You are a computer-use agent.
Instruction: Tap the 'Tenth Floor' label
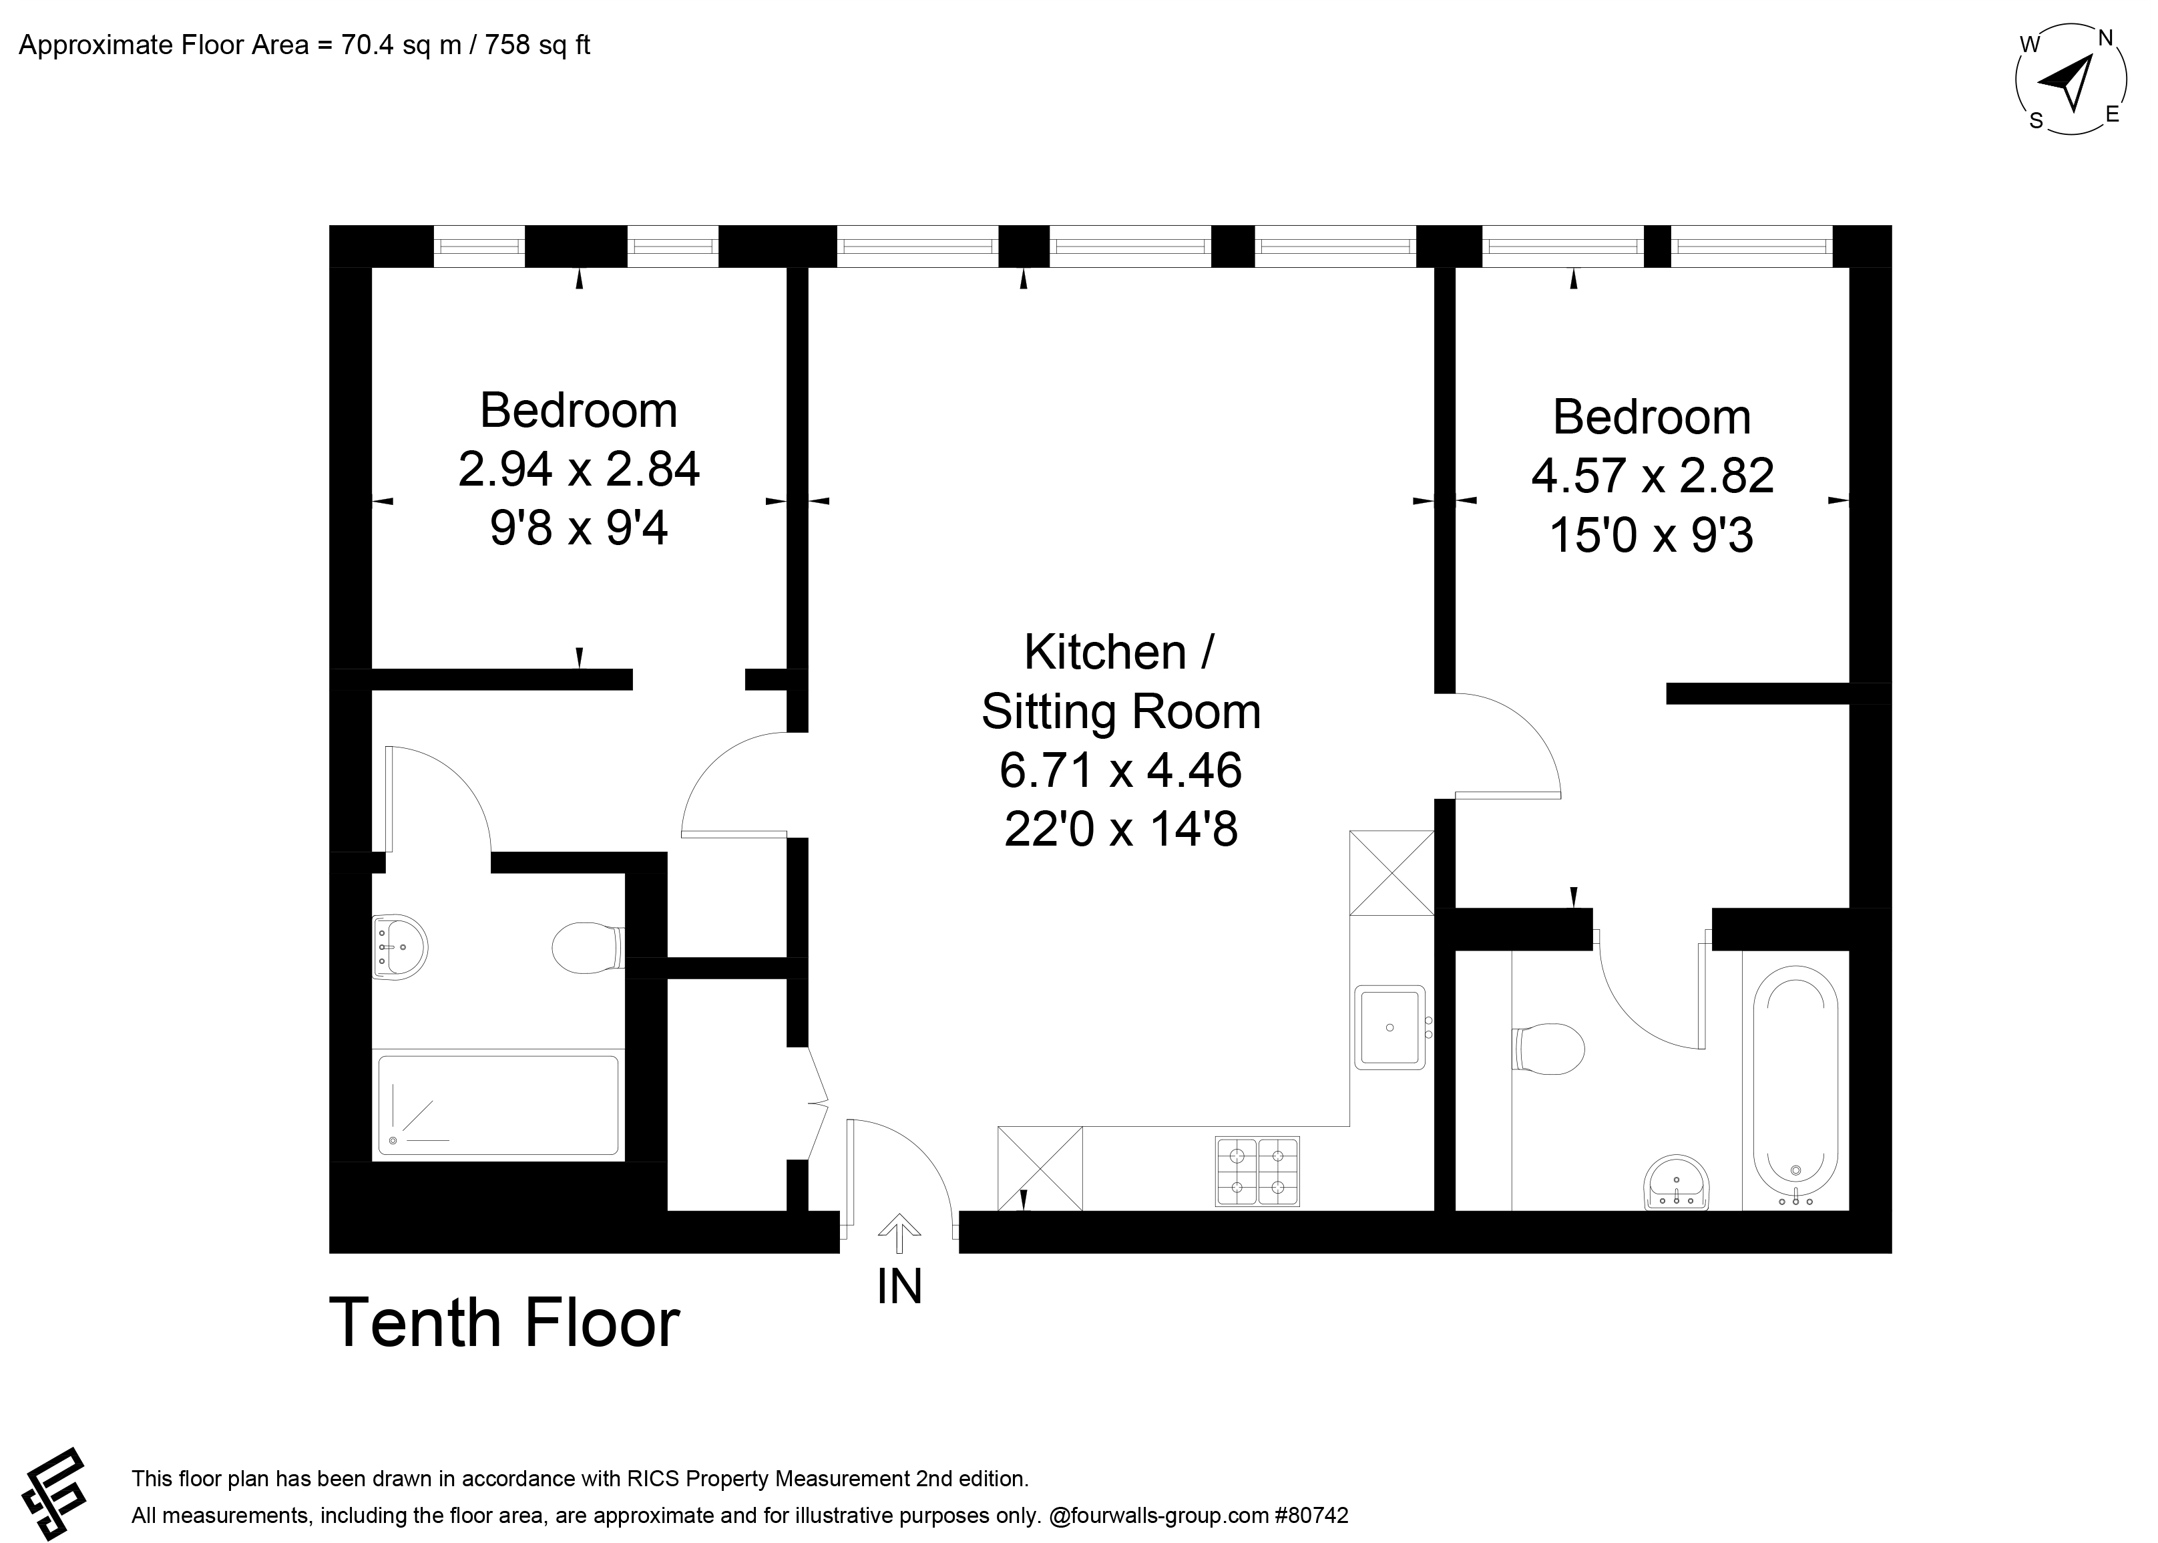pos(504,1322)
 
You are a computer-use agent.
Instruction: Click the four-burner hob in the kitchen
pos(1257,1172)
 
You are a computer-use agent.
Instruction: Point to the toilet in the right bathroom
pos(1548,1049)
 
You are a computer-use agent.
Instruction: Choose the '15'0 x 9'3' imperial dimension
pos(1652,535)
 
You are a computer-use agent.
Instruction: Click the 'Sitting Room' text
pos(1121,711)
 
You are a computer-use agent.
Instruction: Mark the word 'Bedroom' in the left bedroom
pos(578,410)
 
